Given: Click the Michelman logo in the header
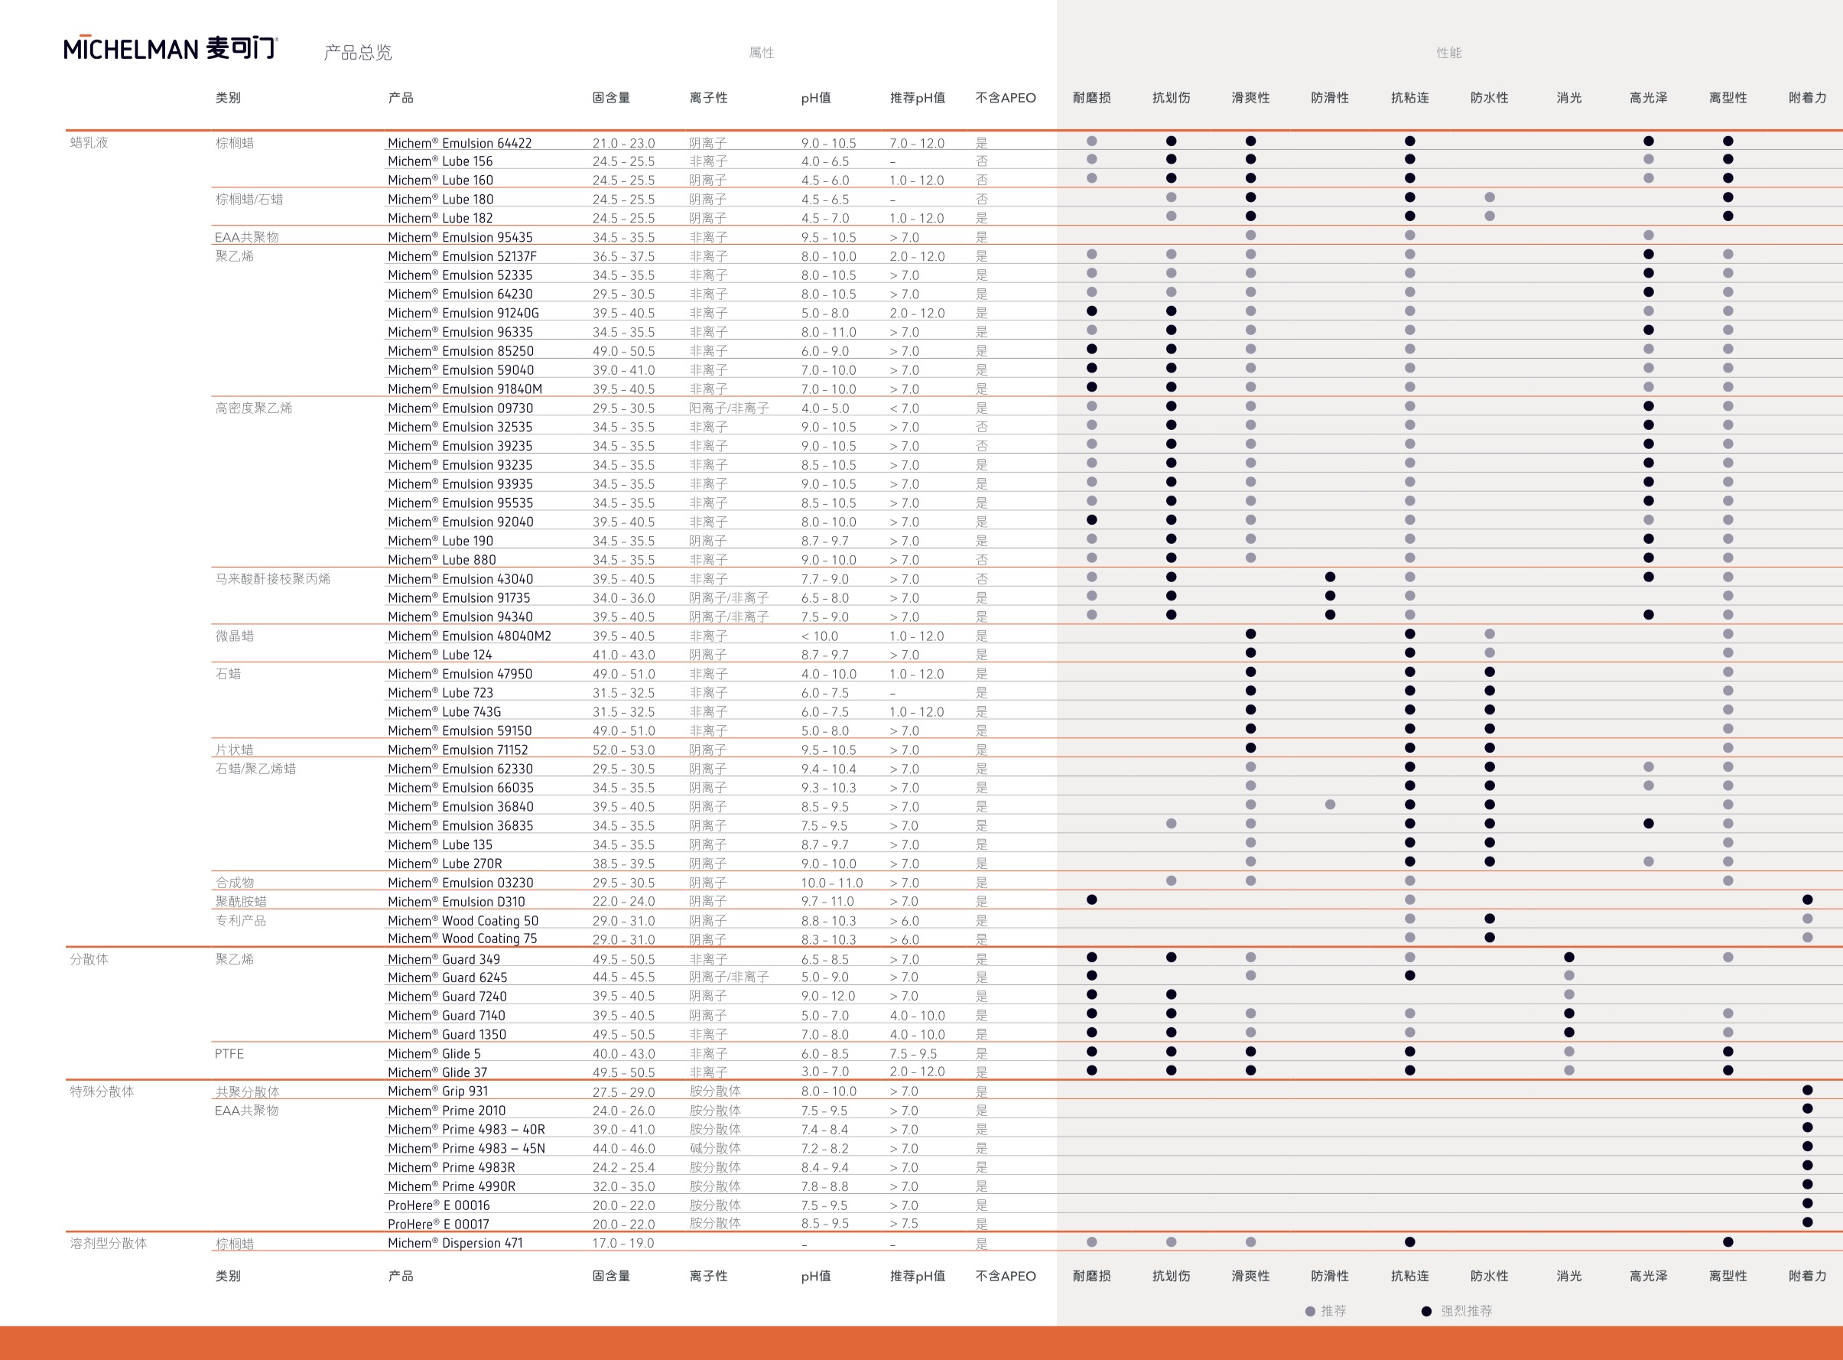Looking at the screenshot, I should tap(171, 49).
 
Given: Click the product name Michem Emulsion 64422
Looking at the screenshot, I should tap(460, 143).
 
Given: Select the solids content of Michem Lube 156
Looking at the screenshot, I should tap(623, 162).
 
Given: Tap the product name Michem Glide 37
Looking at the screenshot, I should tap(437, 1072).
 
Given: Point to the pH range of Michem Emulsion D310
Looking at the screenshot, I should tap(828, 903).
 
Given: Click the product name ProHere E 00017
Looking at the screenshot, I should tap(438, 1225).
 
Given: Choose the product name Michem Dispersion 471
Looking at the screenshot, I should tap(455, 1244).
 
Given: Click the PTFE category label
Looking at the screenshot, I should tap(229, 1054).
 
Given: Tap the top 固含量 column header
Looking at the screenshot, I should tap(611, 98).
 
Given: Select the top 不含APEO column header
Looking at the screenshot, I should tap(1005, 98).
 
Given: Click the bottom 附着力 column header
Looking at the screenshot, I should tap(1807, 1276).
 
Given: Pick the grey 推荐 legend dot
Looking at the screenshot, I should tap(1310, 1311).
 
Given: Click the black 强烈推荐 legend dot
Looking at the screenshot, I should tap(1425, 1311).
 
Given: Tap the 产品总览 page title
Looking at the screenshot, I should tap(358, 53).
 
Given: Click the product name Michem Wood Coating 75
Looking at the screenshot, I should tap(462, 939).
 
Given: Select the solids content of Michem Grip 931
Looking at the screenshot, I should tap(623, 1092).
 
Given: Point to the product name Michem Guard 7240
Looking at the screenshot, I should tap(447, 997).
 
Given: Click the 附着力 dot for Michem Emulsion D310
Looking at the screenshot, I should tap(1807, 900).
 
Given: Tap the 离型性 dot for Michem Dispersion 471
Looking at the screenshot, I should tap(1728, 1242).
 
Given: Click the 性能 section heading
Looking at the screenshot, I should tap(1448, 53).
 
